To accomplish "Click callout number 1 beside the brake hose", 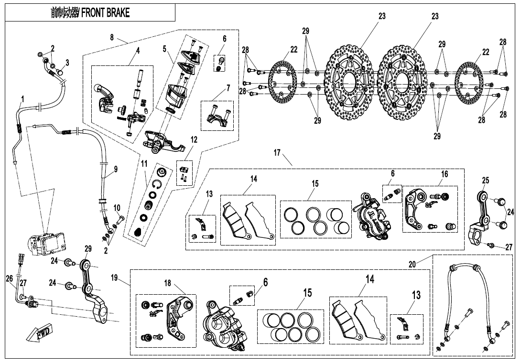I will point(22,99).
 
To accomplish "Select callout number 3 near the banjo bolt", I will point(67,62).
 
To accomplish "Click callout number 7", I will point(228,88).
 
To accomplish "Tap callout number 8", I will point(112,37).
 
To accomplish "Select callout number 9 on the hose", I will point(115,169).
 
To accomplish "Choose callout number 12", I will point(193,139).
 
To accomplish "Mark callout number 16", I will point(445,174).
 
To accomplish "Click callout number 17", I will point(277,152).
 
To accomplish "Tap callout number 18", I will point(167,283).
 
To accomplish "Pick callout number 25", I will point(485,181).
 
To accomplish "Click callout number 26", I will point(10,278).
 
